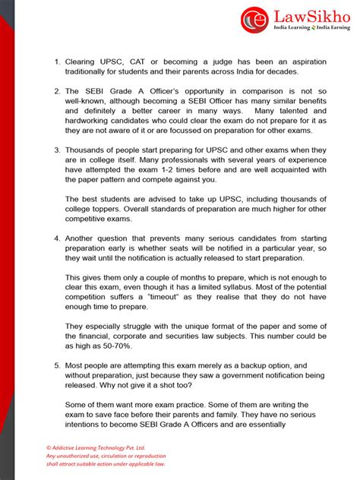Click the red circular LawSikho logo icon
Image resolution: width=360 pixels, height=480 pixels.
point(254,21)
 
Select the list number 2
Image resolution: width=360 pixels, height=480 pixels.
point(57,91)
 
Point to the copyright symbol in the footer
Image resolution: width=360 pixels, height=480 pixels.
point(49,448)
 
